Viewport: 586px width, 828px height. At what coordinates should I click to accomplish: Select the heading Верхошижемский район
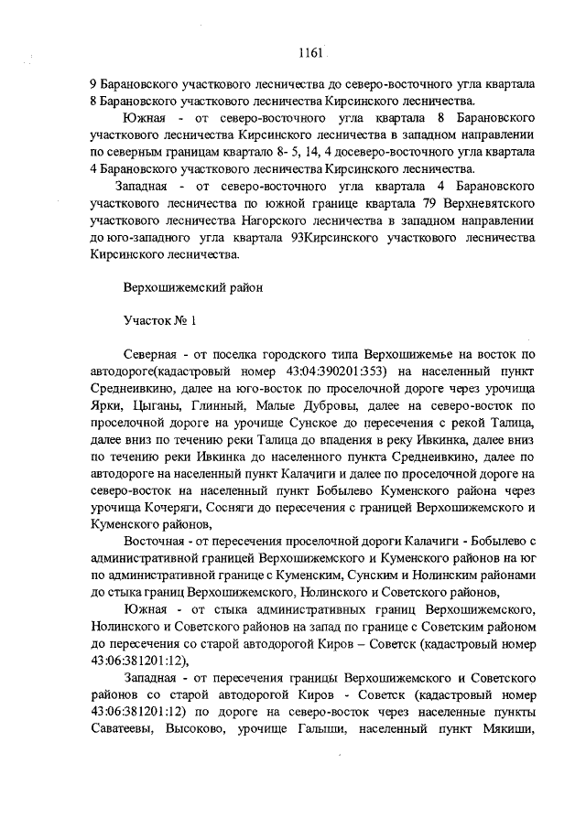click(193, 286)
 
